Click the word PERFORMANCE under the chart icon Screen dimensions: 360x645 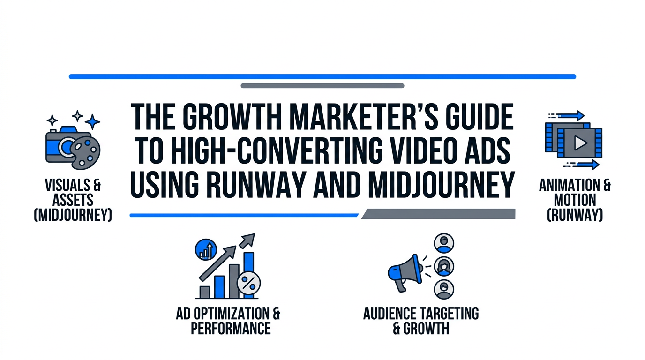point(231,328)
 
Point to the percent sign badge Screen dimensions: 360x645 point(249,283)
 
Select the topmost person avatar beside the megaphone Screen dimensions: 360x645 point(443,243)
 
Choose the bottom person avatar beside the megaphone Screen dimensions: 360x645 point(443,289)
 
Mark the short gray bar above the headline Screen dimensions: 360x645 point(322,86)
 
